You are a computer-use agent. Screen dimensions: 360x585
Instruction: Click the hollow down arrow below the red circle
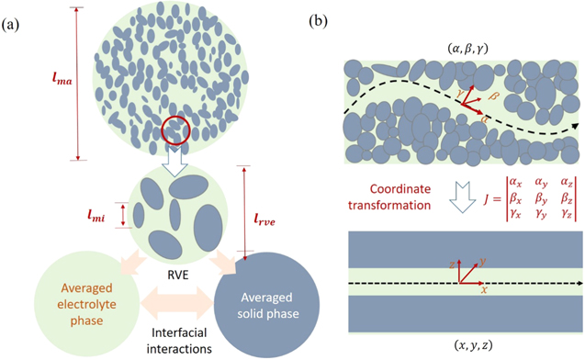coord(174,159)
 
